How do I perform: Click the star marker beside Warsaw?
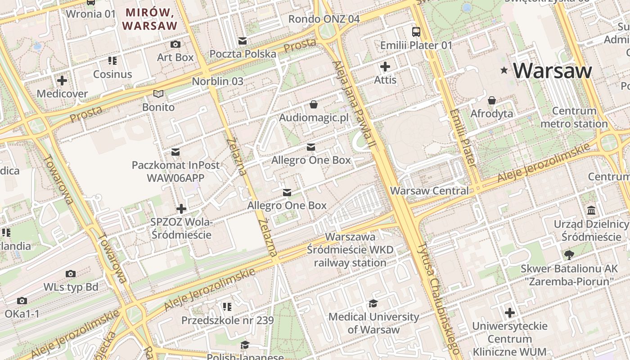pos(504,70)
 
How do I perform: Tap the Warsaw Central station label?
pos(429,190)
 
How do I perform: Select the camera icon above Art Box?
pos(175,44)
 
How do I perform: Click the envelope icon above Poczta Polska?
pos(243,41)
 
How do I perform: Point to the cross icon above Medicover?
pos(62,81)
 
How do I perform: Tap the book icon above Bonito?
pos(158,94)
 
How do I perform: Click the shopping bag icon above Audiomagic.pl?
pos(314,104)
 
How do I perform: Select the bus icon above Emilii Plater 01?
pos(416,32)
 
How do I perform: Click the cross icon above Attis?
pos(385,67)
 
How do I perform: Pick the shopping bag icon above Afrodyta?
pos(492,100)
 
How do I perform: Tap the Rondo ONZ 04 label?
pos(324,19)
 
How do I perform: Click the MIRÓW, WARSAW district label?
pos(150,19)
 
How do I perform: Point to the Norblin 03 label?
pos(217,81)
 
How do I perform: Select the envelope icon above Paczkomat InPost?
pos(175,152)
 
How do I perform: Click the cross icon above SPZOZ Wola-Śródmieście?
pos(181,209)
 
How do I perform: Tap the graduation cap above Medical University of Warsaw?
pos(373,303)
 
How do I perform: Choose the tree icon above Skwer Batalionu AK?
pos(569,255)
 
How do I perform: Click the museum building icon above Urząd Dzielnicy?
pos(591,210)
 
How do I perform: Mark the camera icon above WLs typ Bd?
pos(71,274)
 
